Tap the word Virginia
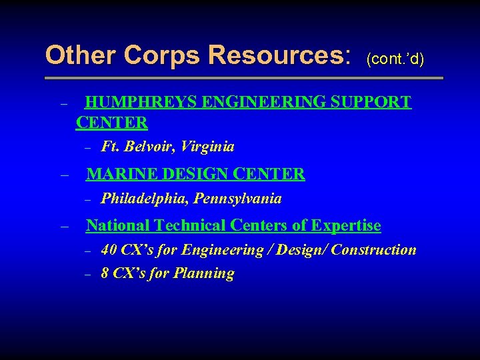click(210, 147)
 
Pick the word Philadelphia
click(144, 199)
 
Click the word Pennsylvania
click(237, 199)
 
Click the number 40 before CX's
click(109, 250)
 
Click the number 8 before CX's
click(105, 273)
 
